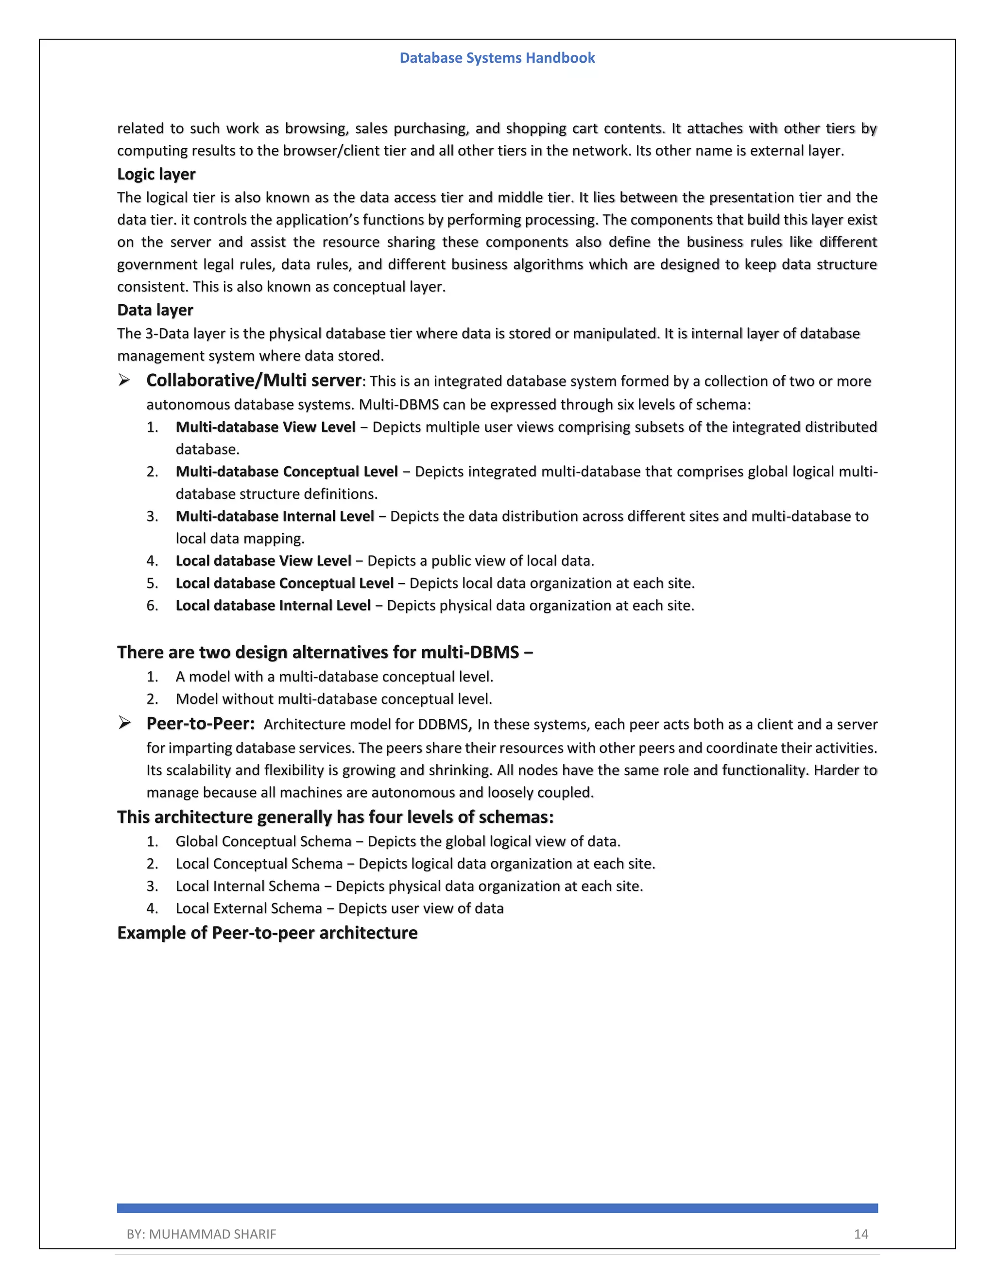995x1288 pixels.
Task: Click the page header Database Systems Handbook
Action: point(497,58)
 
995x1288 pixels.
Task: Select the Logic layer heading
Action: point(156,174)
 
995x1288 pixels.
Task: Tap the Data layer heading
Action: point(155,310)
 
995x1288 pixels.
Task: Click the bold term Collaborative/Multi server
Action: point(254,381)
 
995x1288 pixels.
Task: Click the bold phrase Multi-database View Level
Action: point(265,427)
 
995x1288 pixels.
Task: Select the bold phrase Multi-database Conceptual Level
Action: point(287,472)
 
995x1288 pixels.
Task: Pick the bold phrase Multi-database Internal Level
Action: point(274,517)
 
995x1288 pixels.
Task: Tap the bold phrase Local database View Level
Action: point(263,561)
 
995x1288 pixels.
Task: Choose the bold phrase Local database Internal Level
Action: point(273,606)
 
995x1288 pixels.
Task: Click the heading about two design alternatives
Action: point(325,652)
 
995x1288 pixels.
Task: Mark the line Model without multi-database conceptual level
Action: point(334,699)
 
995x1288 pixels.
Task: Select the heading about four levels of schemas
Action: point(335,817)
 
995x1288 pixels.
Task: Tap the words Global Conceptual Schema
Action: point(263,841)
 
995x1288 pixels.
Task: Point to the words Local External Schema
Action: point(249,908)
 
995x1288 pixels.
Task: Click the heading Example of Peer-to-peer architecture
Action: point(267,933)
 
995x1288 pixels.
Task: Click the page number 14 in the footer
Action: point(860,1235)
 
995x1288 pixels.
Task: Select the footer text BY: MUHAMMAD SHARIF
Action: point(201,1235)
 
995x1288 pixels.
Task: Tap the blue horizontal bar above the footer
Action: point(497,1208)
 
